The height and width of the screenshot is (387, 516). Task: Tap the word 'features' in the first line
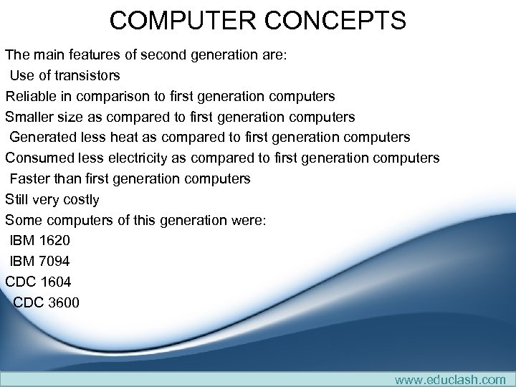(93, 54)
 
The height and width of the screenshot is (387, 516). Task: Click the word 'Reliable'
(29, 96)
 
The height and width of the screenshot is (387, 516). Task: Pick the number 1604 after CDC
(54, 282)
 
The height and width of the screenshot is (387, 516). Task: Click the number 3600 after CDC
(63, 302)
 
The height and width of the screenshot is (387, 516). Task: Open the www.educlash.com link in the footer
(450, 379)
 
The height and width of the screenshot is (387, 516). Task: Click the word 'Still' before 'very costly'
(19, 199)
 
